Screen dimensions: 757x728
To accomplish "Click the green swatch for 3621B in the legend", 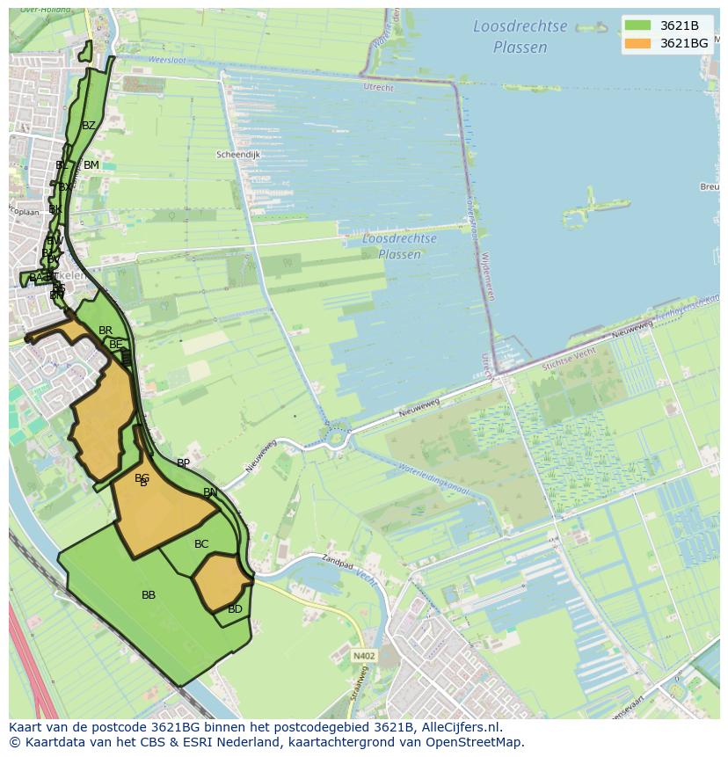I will click(638, 25).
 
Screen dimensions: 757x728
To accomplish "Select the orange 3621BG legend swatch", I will click(638, 43).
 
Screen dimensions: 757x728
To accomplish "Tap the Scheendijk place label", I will click(238, 155).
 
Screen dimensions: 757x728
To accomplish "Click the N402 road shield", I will click(363, 656).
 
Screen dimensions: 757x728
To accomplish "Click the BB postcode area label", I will click(149, 595).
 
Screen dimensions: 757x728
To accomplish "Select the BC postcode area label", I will click(201, 544).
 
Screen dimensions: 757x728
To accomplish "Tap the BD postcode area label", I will click(235, 609).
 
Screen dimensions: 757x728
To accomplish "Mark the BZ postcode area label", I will click(89, 126).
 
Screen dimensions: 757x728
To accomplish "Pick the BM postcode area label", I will click(91, 165).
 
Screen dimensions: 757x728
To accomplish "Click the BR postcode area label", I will click(106, 331).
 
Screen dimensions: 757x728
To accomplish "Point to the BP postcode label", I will click(183, 462).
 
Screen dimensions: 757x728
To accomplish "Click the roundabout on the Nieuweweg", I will click(337, 436).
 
